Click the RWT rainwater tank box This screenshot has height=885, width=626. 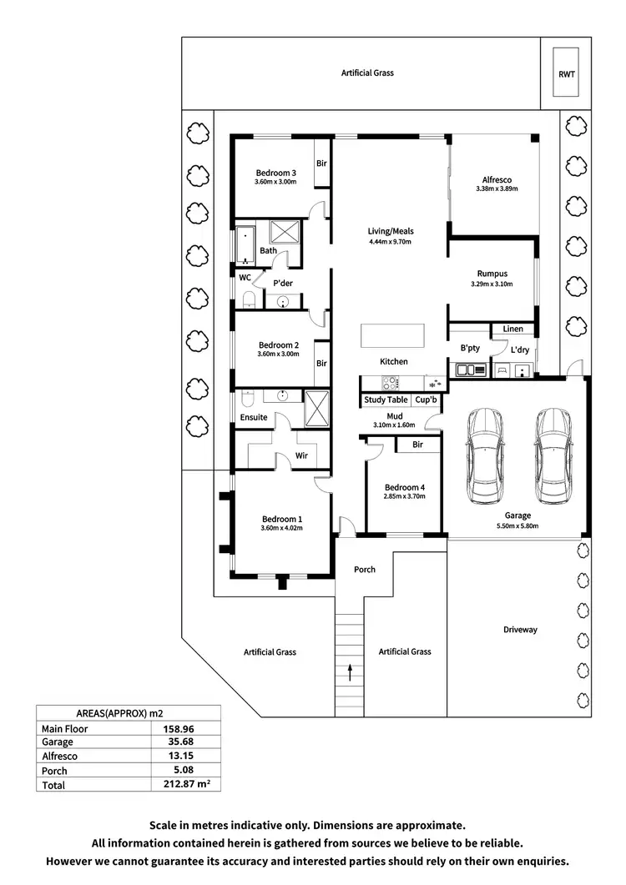[x=566, y=73]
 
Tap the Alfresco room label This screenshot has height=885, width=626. [x=497, y=179]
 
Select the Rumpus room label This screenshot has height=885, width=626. [x=492, y=274]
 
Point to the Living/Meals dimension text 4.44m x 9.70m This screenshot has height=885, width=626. [x=391, y=242]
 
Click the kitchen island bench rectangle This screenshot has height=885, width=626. [x=392, y=335]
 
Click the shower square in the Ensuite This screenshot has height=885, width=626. [x=317, y=408]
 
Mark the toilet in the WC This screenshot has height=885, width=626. [x=249, y=299]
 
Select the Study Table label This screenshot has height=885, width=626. [x=386, y=400]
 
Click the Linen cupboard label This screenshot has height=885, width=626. [x=512, y=329]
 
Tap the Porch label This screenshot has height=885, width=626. [x=365, y=570]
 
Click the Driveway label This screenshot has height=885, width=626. [x=520, y=630]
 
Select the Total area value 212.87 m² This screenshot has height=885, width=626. [x=184, y=785]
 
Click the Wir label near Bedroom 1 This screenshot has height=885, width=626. [x=301, y=456]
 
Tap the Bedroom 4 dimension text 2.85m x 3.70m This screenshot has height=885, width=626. [x=405, y=496]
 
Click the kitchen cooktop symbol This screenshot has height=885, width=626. [x=390, y=384]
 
